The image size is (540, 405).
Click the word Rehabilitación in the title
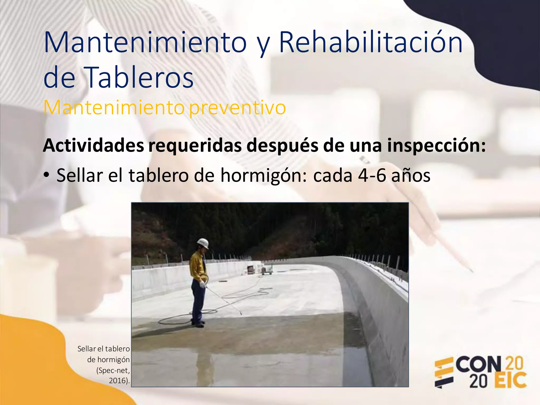(370, 42)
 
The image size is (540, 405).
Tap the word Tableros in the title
(139, 77)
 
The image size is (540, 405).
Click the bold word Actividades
(94, 145)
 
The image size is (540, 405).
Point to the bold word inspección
(436, 145)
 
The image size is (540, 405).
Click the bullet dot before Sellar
(46, 175)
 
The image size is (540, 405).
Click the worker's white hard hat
(203, 243)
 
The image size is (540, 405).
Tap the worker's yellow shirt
(198, 266)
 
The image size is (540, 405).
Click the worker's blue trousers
(197, 301)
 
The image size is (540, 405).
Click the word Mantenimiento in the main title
(145, 42)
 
